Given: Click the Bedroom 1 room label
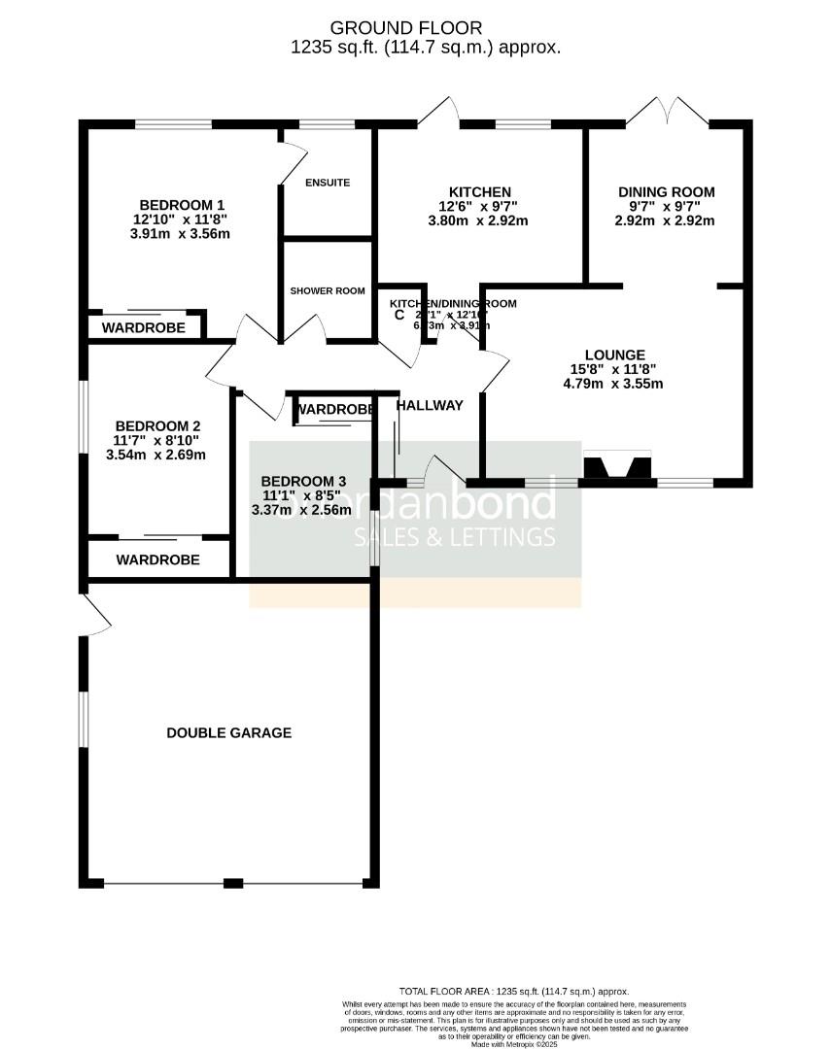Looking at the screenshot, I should click(182, 205).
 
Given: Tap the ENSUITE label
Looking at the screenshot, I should click(327, 183).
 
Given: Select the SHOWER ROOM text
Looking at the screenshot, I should click(328, 290).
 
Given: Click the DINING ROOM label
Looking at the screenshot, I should click(666, 192).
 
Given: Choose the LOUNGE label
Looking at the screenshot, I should click(614, 355).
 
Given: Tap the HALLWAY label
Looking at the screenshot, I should click(430, 405).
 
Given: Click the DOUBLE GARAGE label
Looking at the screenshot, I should click(228, 732).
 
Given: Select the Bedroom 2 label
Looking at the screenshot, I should click(157, 425).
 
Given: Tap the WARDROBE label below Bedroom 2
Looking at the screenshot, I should click(157, 559).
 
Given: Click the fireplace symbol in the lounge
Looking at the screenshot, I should click(617, 467).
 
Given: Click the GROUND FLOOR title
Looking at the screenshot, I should click(405, 27).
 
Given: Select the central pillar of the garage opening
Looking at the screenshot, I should click(232, 883).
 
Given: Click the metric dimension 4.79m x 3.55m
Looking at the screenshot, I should click(613, 384).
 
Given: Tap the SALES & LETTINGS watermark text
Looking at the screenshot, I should click(454, 537).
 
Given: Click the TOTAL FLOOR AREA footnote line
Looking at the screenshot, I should click(514, 990).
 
